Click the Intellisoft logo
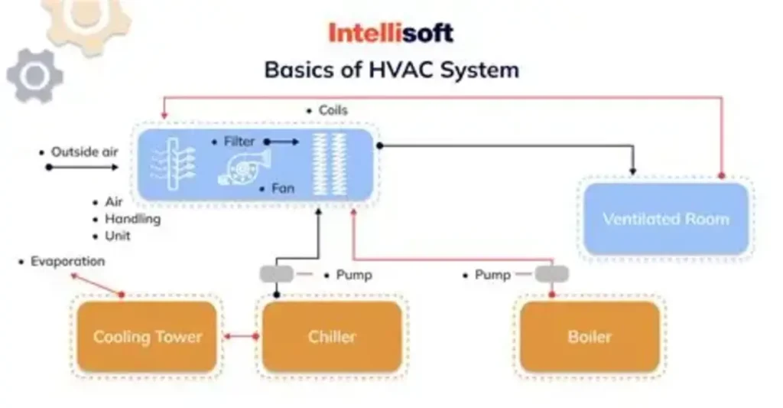[391, 32]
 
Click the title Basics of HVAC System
[391, 70]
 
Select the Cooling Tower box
[147, 337]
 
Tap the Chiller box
[332, 337]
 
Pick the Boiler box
[590, 337]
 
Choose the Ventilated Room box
[665, 219]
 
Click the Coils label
[333, 110]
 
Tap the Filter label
[239, 142]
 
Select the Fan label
[282, 188]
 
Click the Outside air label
[84, 152]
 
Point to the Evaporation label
[67, 262]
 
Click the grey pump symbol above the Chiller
[276, 274]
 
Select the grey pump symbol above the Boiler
[551, 274]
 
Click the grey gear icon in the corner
[34, 75]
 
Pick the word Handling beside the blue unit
[132, 219]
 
